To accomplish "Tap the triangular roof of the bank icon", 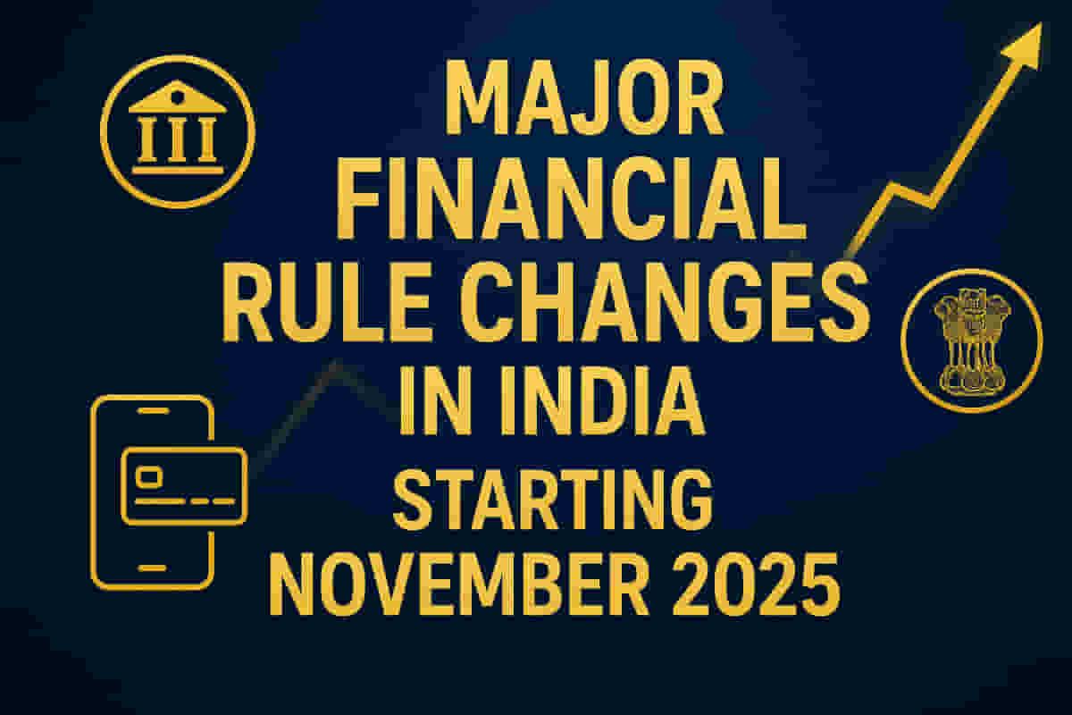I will pos(177,97).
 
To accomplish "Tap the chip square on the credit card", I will pos(152,475).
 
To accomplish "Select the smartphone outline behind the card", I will pos(107,536).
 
